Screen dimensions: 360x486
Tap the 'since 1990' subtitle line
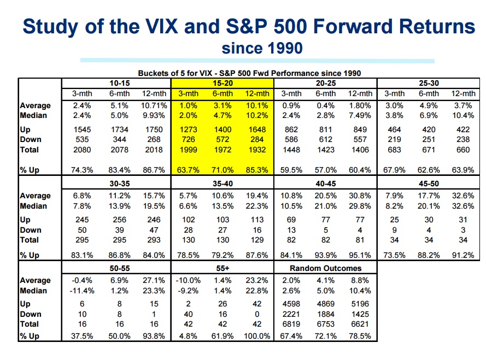(x=262, y=49)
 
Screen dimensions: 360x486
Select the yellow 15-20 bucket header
(x=222, y=83)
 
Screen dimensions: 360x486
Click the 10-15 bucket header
(x=119, y=83)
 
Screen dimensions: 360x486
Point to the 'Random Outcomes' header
(x=325, y=268)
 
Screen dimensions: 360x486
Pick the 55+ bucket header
(x=222, y=268)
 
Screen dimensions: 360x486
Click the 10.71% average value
(x=154, y=105)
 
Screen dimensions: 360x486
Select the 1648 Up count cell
(x=256, y=130)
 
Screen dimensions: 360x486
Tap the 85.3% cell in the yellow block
(x=256, y=170)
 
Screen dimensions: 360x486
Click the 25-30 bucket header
(x=429, y=83)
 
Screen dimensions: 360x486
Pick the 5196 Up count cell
(x=360, y=304)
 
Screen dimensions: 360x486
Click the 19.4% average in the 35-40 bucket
(x=256, y=196)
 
